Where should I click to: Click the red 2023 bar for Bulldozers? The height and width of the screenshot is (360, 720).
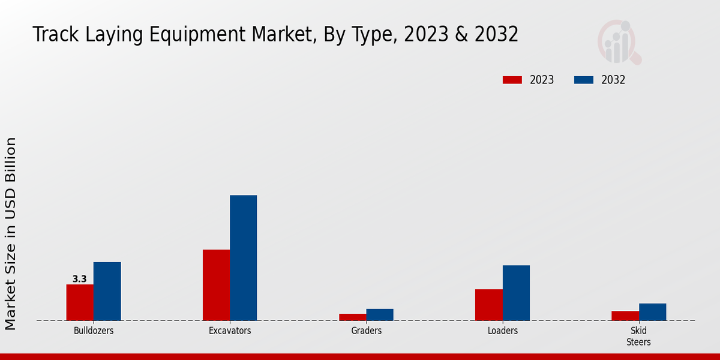(80, 302)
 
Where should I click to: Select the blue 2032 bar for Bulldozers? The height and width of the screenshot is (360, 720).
(107, 291)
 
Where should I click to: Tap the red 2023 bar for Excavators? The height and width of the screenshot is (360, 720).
(216, 285)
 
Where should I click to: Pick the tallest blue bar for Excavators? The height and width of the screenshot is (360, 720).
(243, 258)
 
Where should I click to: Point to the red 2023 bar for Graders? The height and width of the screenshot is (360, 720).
(352, 317)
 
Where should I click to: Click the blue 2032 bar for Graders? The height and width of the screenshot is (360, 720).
(380, 314)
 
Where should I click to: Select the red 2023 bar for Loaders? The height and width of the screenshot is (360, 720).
(489, 305)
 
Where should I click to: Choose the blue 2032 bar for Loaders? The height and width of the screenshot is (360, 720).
(516, 293)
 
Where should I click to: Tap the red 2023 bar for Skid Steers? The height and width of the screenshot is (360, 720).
(625, 316)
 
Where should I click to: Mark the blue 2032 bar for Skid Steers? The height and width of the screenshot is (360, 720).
(652, 312)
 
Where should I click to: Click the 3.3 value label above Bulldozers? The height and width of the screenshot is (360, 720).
(79, 279)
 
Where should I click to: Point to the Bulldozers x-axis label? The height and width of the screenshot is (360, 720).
(94, 331)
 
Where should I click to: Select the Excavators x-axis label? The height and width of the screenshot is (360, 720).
(230, 331)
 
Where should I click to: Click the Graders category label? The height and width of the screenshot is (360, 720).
(366, 331)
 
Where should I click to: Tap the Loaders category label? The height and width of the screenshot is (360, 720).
(503, 331)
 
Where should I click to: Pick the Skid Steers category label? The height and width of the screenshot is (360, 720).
(638, 336)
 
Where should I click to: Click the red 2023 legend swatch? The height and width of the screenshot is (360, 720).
(512, 80)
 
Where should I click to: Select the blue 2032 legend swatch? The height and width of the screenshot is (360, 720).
(584, 80)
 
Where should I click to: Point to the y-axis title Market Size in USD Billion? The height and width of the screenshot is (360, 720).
(11, 233)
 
